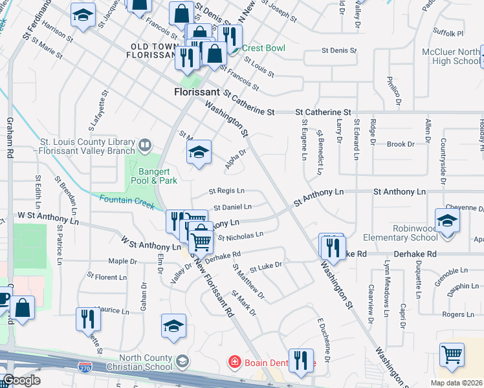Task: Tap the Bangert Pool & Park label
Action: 157,177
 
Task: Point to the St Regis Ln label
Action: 226,191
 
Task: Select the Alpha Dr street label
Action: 236,159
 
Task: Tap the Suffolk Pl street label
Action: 448,33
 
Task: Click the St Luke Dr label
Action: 266,266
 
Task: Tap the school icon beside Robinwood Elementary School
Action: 448,221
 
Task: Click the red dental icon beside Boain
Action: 236,363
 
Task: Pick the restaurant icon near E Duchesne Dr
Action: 301,360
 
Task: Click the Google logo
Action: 21,380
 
